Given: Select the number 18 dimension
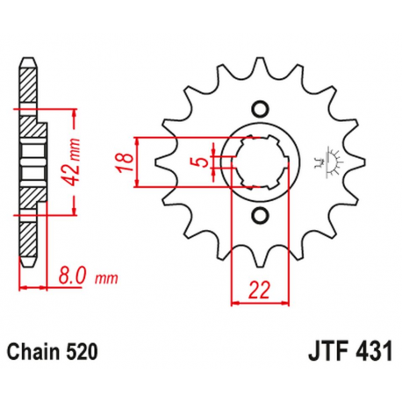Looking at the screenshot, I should pyautogui.click(x=124, y=162).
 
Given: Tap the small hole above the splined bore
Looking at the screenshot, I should pyautogui.click(x=259, y=109).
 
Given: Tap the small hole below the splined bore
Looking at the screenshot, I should pyautogui.click(x=259, y=216).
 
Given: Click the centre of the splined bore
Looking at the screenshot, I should pyautogui.click(x=259, y=162).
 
